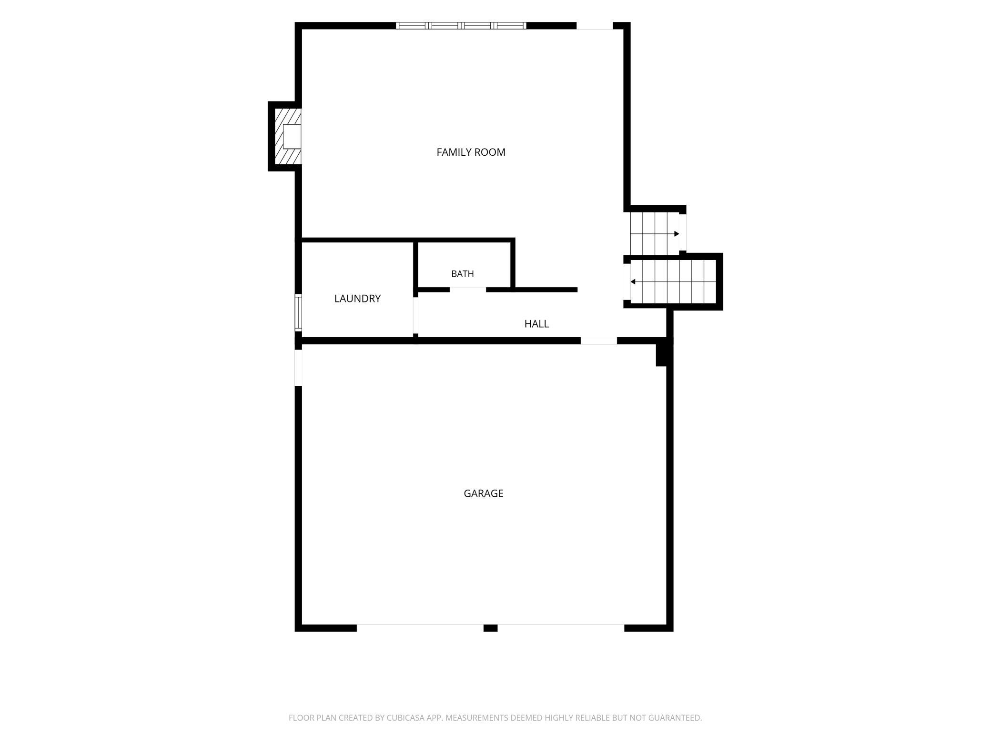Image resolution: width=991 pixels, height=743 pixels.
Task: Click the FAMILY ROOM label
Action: (471, 152)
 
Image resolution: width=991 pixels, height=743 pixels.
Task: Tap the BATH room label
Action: (462, 274)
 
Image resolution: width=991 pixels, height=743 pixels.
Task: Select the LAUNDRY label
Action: (357, 299)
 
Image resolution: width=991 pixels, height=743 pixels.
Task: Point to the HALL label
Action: (536, 324)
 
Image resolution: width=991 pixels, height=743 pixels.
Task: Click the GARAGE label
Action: (484, 493)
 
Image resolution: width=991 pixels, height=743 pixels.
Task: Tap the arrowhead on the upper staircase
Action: (677, 234)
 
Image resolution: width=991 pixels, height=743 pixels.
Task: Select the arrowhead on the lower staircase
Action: (633, 282)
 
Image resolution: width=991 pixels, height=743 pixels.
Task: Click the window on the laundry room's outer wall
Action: (298, 312)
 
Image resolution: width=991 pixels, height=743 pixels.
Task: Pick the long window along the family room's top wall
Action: (461, 26)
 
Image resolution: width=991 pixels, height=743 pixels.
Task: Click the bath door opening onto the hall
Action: (468, 290)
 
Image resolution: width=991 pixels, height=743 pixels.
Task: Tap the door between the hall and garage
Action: (599, 341)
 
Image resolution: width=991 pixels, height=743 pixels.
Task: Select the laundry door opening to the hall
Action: (415, 315)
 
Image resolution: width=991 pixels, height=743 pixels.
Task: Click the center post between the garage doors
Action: (491, 628)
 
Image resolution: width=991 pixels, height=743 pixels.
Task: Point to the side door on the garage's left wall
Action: (298, 368)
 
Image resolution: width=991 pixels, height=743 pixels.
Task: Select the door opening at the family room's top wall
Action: (595, 26)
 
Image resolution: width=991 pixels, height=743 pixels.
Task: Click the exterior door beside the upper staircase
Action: (683, 232)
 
